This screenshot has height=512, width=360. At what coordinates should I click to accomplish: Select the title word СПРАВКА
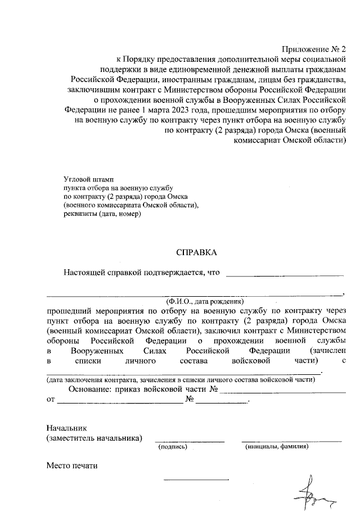click(x=196, y=253)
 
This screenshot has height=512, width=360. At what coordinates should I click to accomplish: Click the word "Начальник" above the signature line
click(x=67, y=428)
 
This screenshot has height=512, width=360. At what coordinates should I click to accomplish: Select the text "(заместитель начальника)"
click(x=94, y=438)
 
